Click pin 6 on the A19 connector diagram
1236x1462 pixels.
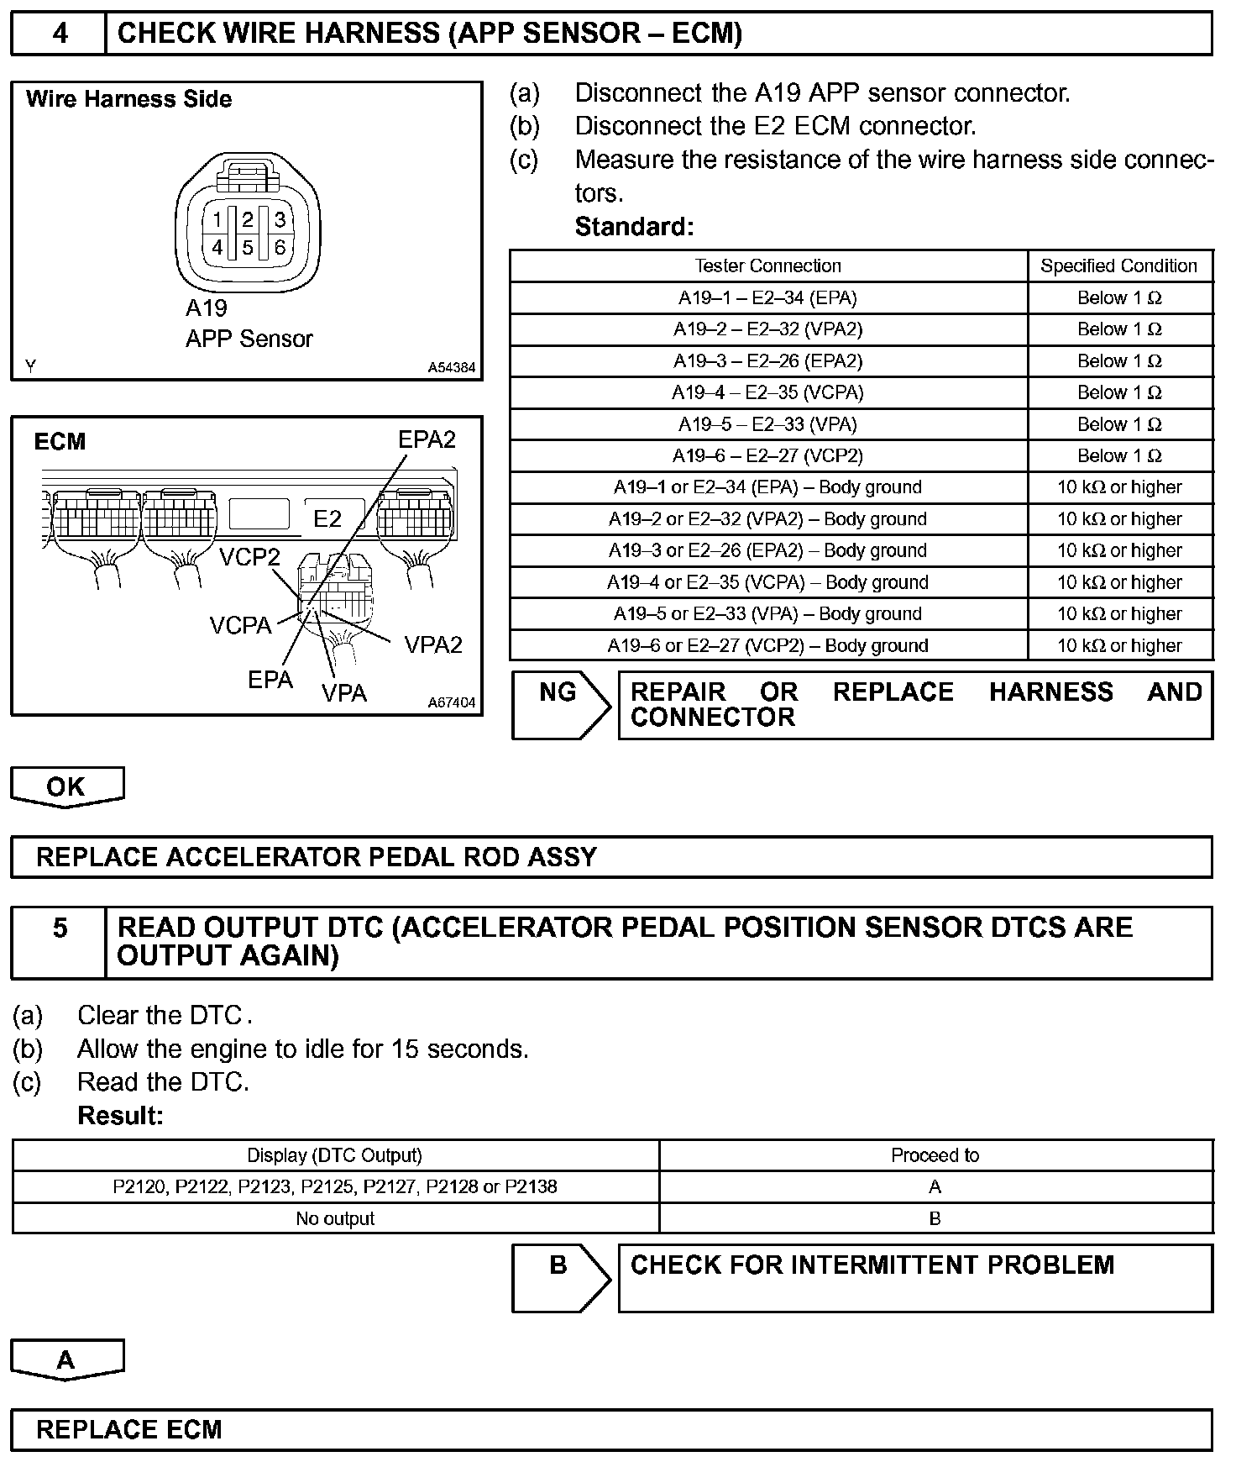pos(280,248)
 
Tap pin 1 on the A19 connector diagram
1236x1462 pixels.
pos(217,220)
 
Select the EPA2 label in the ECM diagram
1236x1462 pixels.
pos(427,439)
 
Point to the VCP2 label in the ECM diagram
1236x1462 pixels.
pos(249,557)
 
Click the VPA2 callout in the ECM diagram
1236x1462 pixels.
pos(433,645)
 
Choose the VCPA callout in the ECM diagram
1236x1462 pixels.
pos(241,626)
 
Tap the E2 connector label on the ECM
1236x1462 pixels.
pos(327,519)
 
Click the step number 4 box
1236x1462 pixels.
pos(60,34)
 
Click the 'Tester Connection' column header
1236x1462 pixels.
pos(767,266)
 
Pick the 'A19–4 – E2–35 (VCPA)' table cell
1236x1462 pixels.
pos(767,392)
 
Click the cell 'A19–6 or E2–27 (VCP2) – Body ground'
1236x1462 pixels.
pos(767,646)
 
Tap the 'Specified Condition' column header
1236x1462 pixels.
pos(1118,266)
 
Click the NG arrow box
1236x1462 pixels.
pos(559,704)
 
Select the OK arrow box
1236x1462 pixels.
pos(66,786)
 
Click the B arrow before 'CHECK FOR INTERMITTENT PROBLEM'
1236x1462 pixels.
pos(559,1277)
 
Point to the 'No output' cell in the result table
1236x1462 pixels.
pos(335,1219)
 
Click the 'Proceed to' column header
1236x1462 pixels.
pos(935,1156)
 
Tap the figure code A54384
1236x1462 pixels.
pos(451,367)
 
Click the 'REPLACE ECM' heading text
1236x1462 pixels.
pos(129,1430)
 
